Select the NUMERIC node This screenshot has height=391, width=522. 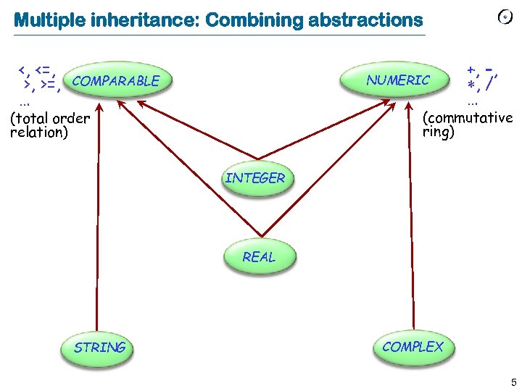pyautogui.click(x=398, y=80)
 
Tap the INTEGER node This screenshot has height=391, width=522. pyautogui.click(x=255, y=178)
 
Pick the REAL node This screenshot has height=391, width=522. pyautogui.click(x=259, y=257)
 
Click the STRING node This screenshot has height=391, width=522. pyautogui.click(x=99, y=348)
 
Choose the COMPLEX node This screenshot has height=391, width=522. pyautogui.click(x=413, y=347)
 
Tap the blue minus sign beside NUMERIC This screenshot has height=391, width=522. pyautogui.click(x=490, y=69)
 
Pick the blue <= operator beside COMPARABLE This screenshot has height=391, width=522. pyautogui.click(x=46, y=70)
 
